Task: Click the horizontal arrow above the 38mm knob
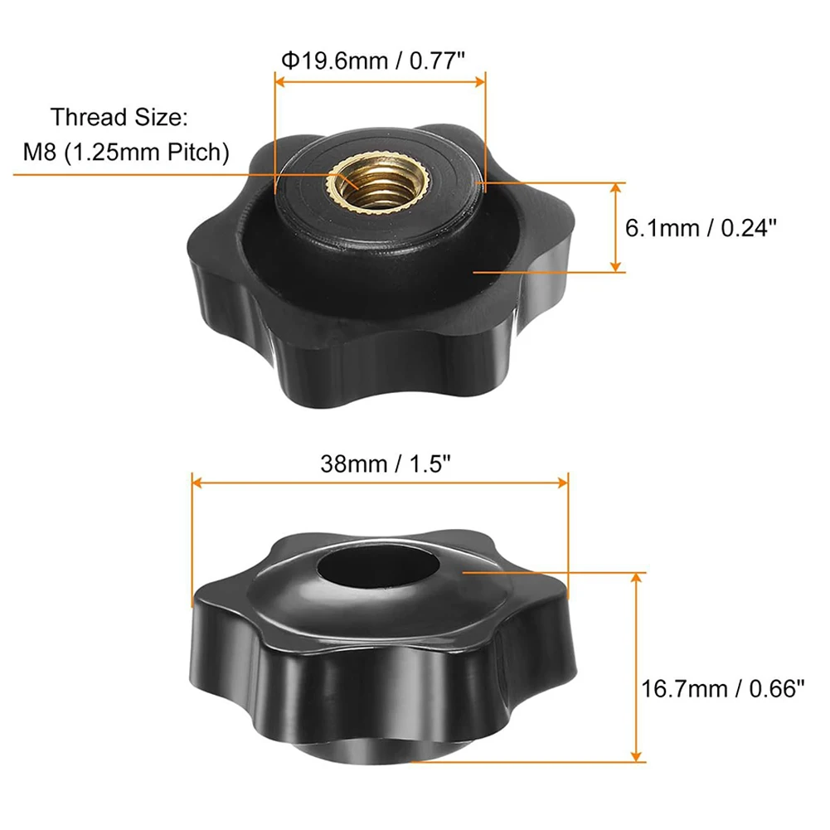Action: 380,482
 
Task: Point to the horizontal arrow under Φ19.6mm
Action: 380,81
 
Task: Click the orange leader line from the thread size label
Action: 166,173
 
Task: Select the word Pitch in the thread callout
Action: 196,152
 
